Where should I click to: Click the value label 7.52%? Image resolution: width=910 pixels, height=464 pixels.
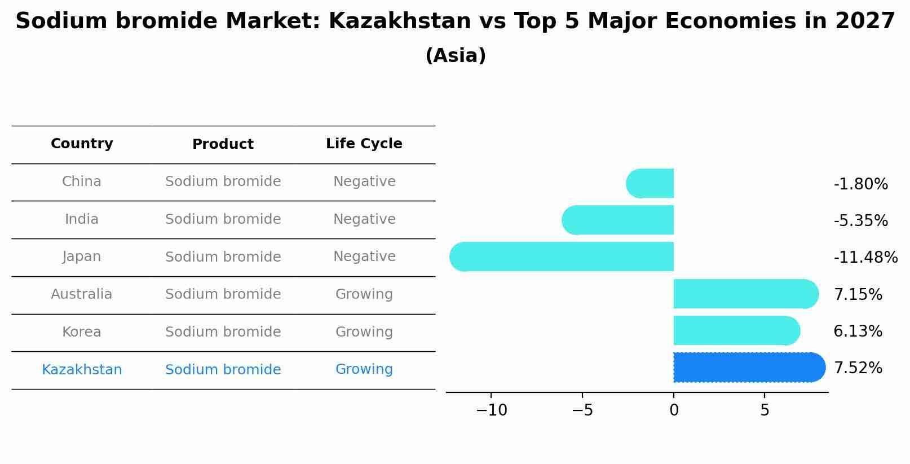pyautogui.click(x=858, y=368)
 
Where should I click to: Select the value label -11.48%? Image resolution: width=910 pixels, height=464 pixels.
pyautogui.click(x=865, y=258)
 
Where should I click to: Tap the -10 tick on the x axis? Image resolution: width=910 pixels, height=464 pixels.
pyautogui.click(x=492, y=410)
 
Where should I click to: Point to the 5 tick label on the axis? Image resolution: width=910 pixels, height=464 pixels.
pyautogui.click(x=765, y=410)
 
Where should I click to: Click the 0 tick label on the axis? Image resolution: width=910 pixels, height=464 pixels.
pyautogui.click(x=674, y=410)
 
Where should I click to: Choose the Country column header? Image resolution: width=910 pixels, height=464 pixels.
pyautogui.click(x=82, y=144)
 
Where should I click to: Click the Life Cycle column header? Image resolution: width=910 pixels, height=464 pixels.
pyautogui.click(x=364, y=144)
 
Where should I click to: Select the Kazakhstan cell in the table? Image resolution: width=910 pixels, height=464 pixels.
pyautogui.click(x=82, y=370)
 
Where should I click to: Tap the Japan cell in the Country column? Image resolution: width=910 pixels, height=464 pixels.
pyautogui.click(x=82, y=257)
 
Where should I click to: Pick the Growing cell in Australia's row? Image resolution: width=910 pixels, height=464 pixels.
pyautogui.click(x=364, y=294)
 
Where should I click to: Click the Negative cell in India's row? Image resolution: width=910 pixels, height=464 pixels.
pyautogui.click(x=364, y=219)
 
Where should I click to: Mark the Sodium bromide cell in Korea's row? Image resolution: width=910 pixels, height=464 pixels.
pyautogui.click(x=223, y=332)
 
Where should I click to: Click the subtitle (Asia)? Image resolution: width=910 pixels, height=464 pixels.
pyautogui.click(x=455, y=56)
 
